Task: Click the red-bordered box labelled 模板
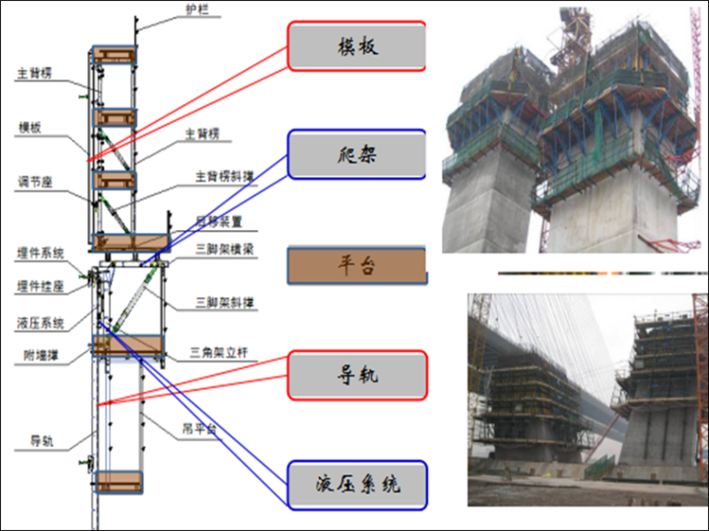point(356,47)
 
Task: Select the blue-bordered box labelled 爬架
point(356,155)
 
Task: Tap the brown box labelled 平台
point(356,266)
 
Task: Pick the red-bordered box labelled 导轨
point(356,375)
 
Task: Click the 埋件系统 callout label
point(40,252)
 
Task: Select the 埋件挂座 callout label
point(40,284)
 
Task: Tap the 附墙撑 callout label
point(41,354)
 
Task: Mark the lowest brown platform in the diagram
point(119,482)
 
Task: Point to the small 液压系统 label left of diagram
point(40,323)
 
